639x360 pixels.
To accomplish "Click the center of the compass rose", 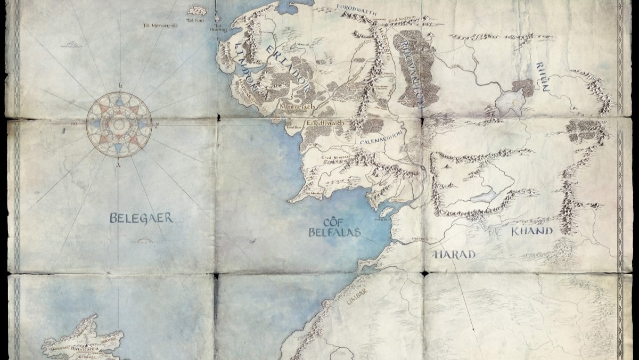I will click(x=119, y=125).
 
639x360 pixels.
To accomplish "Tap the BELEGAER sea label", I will click(x=142, y=217).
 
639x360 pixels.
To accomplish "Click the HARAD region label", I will click(x=454, y=255).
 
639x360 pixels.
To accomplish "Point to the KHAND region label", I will click(x=532, y=231).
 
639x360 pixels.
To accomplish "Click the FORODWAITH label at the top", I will click(x=356, y=8).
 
